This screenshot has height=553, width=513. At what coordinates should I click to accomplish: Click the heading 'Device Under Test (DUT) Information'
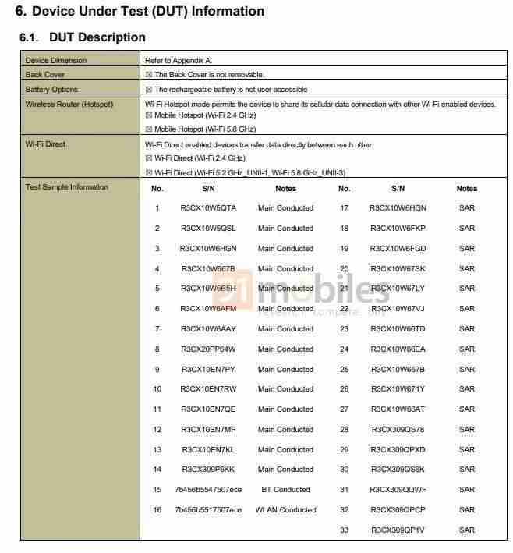pyautogui.click(x=148, y=12)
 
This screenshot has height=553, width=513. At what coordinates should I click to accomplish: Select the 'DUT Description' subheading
pyautogui.click(x=97, y=37)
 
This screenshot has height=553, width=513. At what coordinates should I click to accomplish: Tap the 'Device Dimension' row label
pyautogui.click(x=56, y=61)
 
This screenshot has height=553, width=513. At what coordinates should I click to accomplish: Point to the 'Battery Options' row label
pyautogui.click(x=51, y=90)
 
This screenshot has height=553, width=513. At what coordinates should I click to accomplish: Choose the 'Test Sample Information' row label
pyautogui.click(x=67, y=187)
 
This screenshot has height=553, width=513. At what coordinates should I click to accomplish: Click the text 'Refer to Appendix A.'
pyautogui.click(x=178, y=61)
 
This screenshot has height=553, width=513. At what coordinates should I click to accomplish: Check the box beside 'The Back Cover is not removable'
pyautogui.click(x=148, y=75)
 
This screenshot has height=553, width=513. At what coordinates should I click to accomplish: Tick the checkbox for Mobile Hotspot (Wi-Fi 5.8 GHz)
pyautogui.click(x=148, y=129)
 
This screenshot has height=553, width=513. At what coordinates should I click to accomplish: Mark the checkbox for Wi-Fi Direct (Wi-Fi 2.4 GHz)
pyautogui.click(x=148, y=158)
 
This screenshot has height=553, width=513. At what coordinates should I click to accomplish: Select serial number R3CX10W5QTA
pyautogui.click(x=208, y=208)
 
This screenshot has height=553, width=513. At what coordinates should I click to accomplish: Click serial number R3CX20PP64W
pyautogui.click(x=208, y=349)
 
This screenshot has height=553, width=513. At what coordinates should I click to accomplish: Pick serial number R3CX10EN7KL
pyautogui.click(x=208, y=450)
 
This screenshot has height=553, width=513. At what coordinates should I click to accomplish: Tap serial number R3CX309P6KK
pyautogui.click(x=208, y=470)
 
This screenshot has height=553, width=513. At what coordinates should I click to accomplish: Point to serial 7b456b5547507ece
pyautogui.click(x=208, y=490)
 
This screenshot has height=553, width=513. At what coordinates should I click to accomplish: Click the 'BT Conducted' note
pyautogui.click(x=285, y=490)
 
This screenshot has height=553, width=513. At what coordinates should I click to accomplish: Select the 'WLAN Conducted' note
pyautogui.click(x=285, y=510)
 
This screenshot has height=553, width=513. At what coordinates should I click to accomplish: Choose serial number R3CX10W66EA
pyautogui.click(x=398, y=349)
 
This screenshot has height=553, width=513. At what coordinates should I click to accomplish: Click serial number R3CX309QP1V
pyautogui.click(x=398, y=530)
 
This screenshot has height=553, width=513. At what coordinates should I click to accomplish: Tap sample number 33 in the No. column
pyautogui.click(x=344, y=530)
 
